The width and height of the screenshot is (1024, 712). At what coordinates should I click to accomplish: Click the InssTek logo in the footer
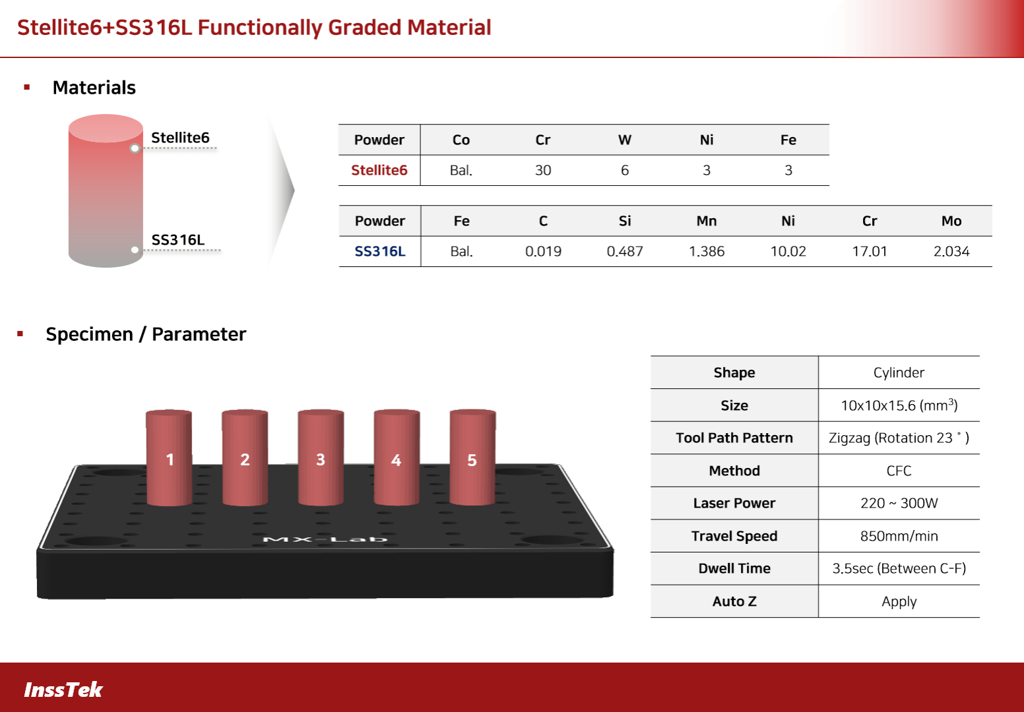pos(63,690)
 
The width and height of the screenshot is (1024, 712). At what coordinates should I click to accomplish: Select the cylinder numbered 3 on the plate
pos(321,458)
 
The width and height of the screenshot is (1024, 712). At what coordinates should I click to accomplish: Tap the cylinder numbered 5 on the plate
pos(472,458)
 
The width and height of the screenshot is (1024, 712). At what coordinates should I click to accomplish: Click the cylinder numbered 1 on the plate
pos(169,458)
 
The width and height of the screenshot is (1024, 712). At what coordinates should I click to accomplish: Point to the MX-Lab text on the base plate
pos(325,539)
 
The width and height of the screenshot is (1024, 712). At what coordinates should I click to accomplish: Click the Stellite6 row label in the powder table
pos(379,170)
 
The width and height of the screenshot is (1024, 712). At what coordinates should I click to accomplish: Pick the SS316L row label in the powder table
pos(380,251)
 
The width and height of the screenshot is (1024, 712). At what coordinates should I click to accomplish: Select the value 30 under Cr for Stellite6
pos(543,170)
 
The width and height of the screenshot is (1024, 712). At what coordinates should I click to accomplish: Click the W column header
pos(625,140)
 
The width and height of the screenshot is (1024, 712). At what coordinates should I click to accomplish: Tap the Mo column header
pos(951,221)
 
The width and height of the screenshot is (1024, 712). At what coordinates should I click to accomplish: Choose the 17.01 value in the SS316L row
pos(870,251)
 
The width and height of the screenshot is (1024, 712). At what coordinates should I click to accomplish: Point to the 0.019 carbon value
pos(543,251)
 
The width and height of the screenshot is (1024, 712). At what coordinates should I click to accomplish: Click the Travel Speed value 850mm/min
pos(899,536)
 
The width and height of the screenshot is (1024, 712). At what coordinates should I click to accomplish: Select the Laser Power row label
pos(734,503)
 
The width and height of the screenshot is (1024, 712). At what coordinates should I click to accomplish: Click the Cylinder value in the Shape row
pos(899,372)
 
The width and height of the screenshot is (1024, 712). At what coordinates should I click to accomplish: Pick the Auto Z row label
pos(734,601)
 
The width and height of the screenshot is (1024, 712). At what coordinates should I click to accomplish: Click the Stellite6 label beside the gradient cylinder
pos(180,138)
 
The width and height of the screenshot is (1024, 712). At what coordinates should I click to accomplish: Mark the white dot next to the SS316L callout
pos(135,250)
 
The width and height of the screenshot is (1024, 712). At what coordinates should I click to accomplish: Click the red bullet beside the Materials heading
pos(27,87)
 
